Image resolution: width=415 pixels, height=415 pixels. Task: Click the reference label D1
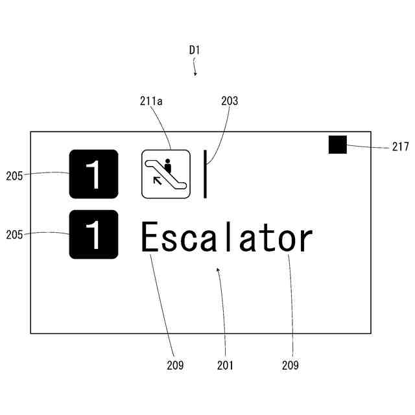coord(195,49)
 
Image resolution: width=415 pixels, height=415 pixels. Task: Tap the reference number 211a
coord(152,101)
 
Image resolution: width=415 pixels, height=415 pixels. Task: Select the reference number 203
coord(230,101)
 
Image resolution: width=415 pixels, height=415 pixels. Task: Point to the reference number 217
coord(400,147)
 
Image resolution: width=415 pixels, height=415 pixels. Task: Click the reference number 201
coord(225,365)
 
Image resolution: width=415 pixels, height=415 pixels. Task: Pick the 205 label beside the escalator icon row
coord(15,174)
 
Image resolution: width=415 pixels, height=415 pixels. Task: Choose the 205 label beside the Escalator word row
coord(15,234)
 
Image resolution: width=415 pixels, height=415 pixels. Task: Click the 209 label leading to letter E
coord(175,365)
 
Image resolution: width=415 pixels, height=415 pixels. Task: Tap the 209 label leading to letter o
coord(290,365)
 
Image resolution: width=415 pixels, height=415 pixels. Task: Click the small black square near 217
coord(338,145)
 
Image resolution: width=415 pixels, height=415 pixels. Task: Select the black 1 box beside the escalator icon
coord(94,174)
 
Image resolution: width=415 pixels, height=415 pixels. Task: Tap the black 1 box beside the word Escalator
coord(94,234)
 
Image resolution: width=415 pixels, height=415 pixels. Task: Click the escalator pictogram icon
coord(166,174)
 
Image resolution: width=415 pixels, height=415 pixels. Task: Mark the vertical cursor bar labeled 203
coord(205,174)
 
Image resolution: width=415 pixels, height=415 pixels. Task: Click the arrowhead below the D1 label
coord(195,73)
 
